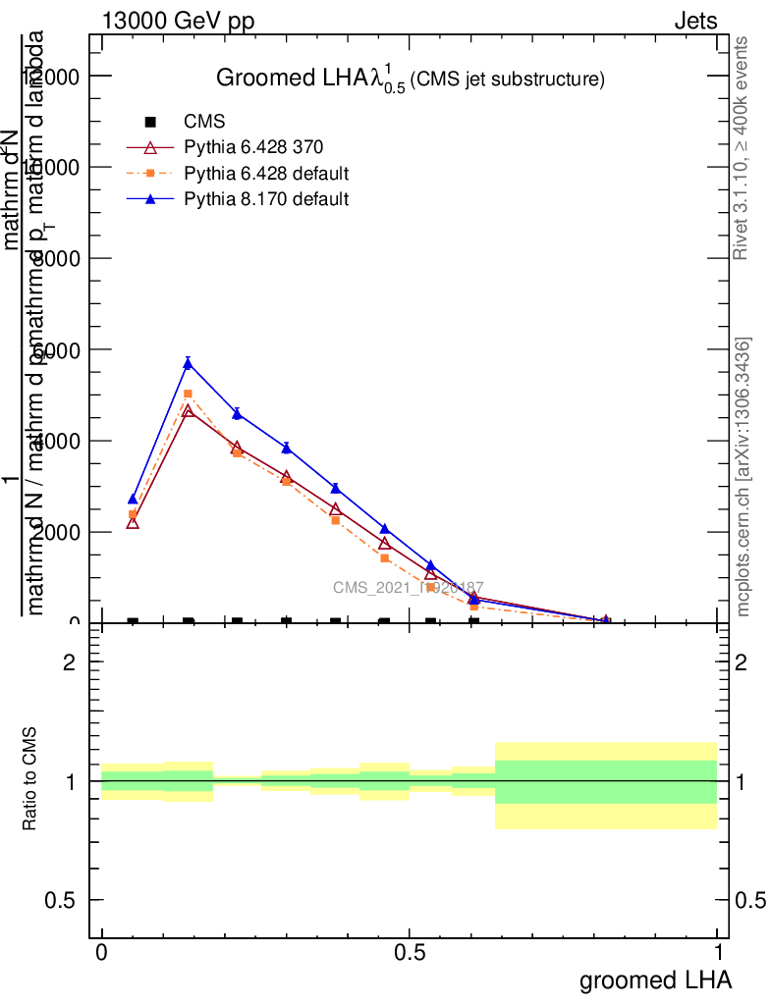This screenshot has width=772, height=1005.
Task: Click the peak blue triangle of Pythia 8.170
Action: point(188,364)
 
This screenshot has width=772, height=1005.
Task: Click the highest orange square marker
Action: point(188,394)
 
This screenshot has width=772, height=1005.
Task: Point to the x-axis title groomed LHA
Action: point(655,979)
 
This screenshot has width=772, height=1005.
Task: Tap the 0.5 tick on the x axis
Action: point(410,953)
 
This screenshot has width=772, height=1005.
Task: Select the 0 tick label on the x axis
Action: point(101,953)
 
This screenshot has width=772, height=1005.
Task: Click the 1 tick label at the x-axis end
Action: point(718,953)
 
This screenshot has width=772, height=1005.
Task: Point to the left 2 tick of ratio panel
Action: point(69,662)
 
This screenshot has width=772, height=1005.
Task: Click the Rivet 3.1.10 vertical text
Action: point(742,147)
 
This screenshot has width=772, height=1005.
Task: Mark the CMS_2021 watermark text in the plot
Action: point(408,588)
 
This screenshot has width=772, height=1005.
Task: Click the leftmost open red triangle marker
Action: point(133,523)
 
